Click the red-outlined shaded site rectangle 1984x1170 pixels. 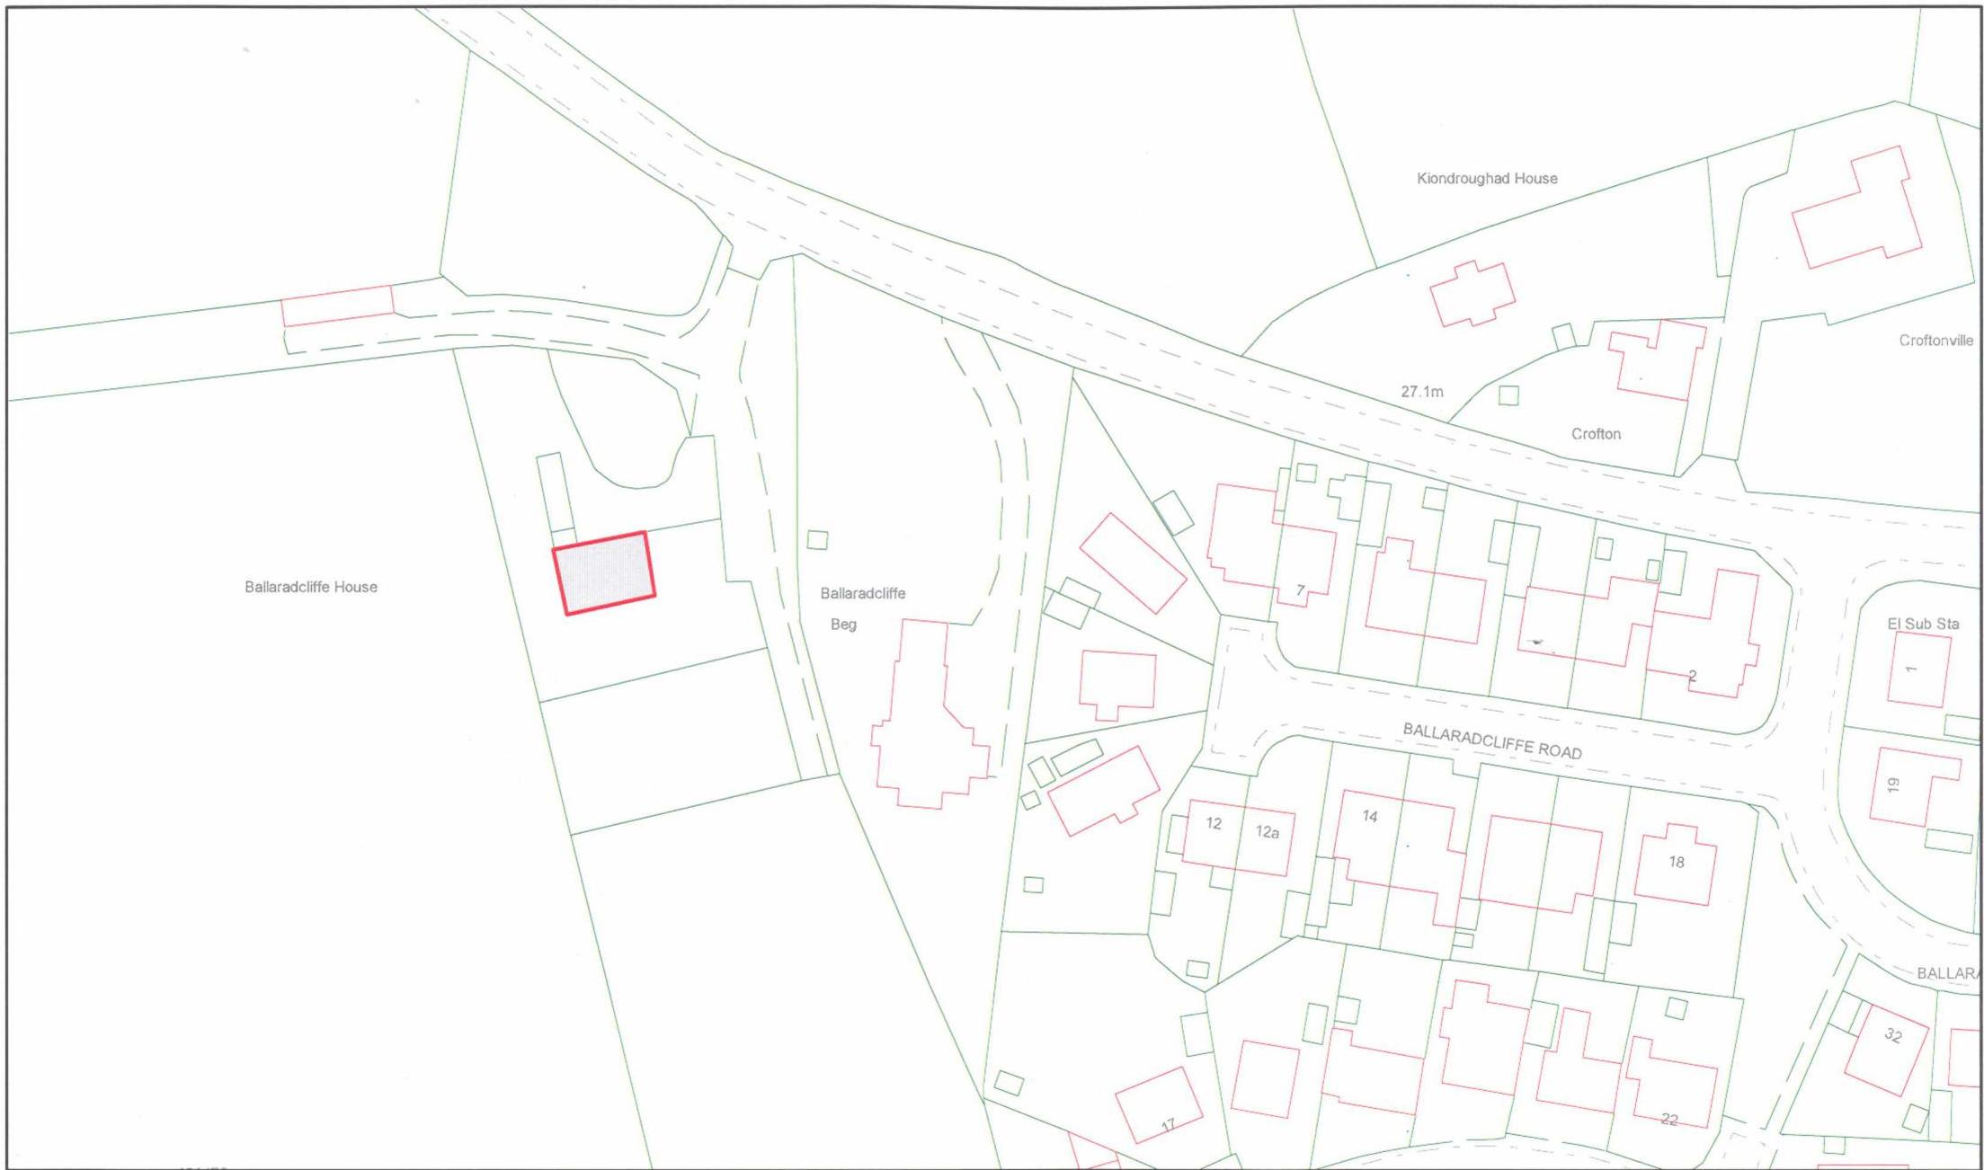[604, 573]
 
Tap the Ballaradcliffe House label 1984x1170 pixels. [311, 587]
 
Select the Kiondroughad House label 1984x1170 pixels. [1487, 178]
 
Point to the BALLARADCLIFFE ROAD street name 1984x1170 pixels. [1492, 740]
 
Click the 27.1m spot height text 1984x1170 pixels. [1422, 392]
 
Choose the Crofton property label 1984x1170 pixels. [1596, 434]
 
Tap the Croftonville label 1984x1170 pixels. [1935, 341]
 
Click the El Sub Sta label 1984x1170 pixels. [1923, 624]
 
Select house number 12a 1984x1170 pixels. [1268, 832]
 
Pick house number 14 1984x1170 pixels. [1370, 816]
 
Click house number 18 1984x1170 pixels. [1677, 862]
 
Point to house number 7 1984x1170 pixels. [1300, 590]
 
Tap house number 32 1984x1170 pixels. [1893, 1035]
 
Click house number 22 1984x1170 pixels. [1669, 1120]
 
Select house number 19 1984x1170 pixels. [1893, 785]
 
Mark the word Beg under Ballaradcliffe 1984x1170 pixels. [843, 625]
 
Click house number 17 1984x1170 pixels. [1168, 1124]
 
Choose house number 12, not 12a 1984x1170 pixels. [1214, 824]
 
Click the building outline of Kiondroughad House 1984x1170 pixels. [1472, 293]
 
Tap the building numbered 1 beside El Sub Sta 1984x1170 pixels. [1918, 669]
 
